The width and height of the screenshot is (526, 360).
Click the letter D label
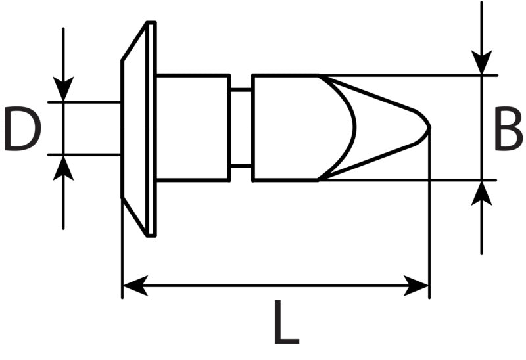pyautogui.click(x=22, y=128)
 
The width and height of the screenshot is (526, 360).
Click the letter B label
pyautogui.click(x=508, y=128)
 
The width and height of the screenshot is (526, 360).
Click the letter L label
pyautogui.click(x=287, y=322)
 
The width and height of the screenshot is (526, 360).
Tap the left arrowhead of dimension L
pyautogui.click(x=135, y=286)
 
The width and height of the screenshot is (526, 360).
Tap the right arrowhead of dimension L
pyautogui.click(x=416, y=286)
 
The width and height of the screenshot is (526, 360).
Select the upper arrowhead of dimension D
pyautogui.click(x=63, y=89)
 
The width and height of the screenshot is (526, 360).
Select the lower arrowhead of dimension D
pyautogui.click(x=63, y=168)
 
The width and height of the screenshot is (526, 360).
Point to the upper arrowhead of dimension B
pyautogui.click(x=482, y=62)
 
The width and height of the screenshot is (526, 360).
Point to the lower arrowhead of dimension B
pyautogui.click(x=482, y=193)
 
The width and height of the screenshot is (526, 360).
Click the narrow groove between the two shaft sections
pyautogui.click(x=241, y=127)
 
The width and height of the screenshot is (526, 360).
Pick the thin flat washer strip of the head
pyautogui.click(x=151, y=129)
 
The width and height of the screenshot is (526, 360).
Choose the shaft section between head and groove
pyautogui.click(x=193, y=127)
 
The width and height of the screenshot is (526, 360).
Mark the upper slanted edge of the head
pyautogui.click(x=134, y=41)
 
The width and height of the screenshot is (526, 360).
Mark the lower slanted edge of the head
pyautogui.click(x=134, y=217)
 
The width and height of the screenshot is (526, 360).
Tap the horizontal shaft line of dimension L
pyautogui.click(x=275, y=286)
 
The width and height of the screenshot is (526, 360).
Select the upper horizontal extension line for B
pyautogui.click(x=408, y=76)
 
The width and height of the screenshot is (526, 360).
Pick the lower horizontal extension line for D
pyautogui.click(x=85, y=155)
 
